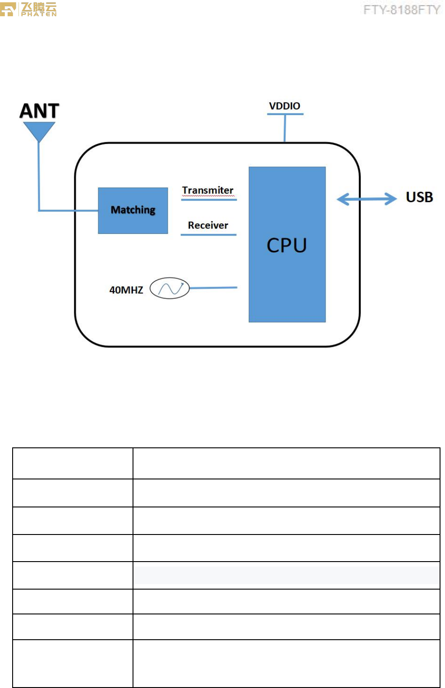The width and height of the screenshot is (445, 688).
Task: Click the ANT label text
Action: click(39, 111)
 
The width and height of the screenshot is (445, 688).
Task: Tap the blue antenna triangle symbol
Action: click(39, 131)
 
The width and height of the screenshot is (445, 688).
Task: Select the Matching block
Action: click(133, 210)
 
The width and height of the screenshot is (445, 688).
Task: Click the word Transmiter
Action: click(208, 191)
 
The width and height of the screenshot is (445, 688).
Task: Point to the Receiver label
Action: click(208, 225)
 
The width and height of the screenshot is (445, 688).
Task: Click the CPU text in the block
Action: click(287, 245)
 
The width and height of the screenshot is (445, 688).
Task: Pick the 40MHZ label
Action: click(126, 290)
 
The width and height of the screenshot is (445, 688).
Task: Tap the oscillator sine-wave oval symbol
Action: click(170, 288)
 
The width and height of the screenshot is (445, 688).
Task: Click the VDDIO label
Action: click(284, 106)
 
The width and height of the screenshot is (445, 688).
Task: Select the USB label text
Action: click(419, 197)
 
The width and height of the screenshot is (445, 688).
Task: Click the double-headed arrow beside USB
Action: click(367, 199)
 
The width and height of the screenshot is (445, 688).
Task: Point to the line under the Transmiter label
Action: click(209, 200)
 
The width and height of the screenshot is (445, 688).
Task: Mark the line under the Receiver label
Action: click(208, 235)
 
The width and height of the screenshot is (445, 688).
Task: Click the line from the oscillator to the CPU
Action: click(213, 288)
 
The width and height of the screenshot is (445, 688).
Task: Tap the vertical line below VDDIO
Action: click(285, 128)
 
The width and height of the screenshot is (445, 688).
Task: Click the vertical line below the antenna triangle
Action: click(39, 176)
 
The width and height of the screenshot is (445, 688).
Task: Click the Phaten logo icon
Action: click(8, 9)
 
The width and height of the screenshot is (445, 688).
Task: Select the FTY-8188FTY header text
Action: click(401, 10)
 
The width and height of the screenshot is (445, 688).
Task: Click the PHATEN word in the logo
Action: click(39, 14)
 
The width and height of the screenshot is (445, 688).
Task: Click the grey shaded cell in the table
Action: click(286, 575)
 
